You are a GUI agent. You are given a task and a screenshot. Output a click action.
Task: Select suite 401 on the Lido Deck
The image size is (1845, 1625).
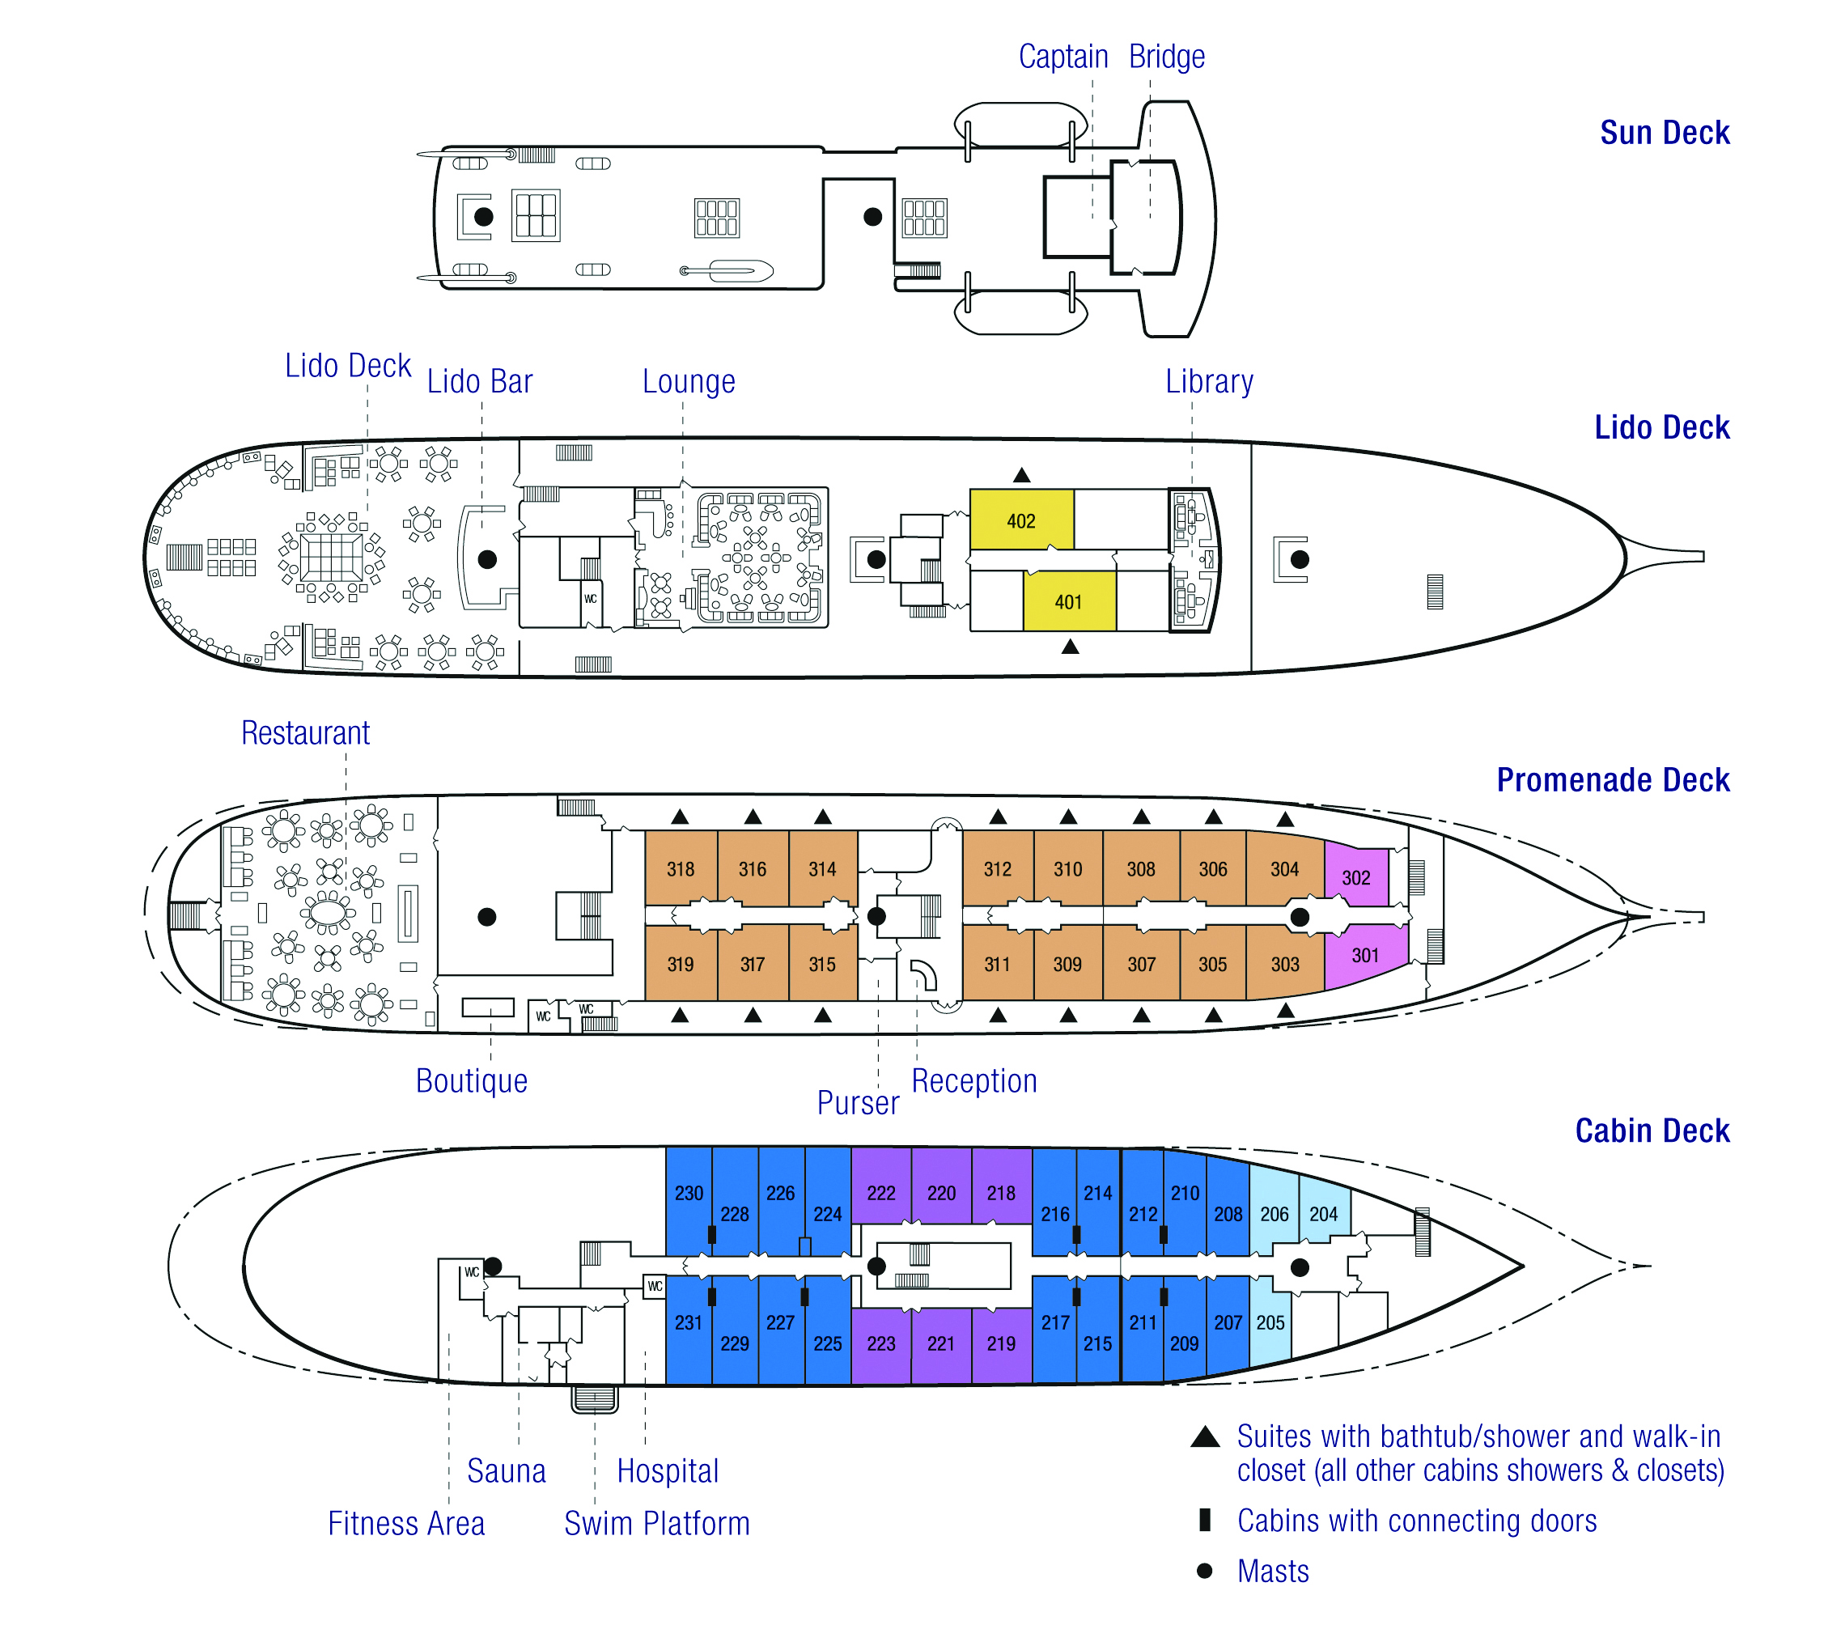pyautogui.click(x=1070, y=601)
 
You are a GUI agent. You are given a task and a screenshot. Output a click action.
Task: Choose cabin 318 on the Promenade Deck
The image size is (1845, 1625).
pyautogui.click(x=681, y=868)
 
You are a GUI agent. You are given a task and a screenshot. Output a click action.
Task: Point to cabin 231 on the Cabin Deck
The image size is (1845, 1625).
pyautogui.click(x=689, y=1329)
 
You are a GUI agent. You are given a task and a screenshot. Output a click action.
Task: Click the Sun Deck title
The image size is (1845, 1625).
pyautogui.click(x=1665, y=133)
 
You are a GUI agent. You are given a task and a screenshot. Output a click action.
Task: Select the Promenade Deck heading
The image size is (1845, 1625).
pyautogui.click(x=1613, y=779)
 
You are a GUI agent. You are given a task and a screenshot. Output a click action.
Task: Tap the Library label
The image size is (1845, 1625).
pyautogui.click(x=1210, y=381)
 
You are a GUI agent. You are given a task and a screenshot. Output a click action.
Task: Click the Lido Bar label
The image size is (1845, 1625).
pyautogui.click(x=480, y=381)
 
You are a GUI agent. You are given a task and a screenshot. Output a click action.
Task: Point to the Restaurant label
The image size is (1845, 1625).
pyautogui.click(x=305, y=732)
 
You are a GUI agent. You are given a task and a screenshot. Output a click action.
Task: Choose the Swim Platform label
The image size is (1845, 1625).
pyautogui.click(x=657, y=1523)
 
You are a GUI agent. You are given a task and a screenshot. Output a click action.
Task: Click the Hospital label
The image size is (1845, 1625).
pyautogui.click(x=668, y=1470)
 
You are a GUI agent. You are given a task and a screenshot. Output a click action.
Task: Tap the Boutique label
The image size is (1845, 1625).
pyautogui.click(x=471, y=1080)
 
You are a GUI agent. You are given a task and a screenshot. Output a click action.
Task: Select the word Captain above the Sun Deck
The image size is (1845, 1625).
pyautogui.click(x=1063, y=56)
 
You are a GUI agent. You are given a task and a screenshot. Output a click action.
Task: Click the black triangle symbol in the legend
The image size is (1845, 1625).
pyautogui.click(x=1205, y=1436)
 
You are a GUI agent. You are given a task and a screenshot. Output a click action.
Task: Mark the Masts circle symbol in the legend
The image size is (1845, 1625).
pyautogui.click(x=1204, y=1571)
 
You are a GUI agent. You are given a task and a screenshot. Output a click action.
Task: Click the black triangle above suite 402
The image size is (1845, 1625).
pyautogui.click(x=1022, y=475)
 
